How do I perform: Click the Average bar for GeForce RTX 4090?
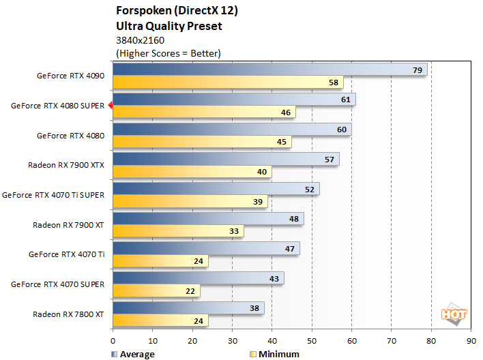[269, 70]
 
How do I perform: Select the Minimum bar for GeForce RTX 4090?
[228, 82]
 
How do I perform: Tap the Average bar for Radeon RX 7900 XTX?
[226, 159]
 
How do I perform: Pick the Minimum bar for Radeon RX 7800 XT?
[160, 320]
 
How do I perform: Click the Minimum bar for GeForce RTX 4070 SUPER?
[156, 291]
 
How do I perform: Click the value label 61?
[346, 100]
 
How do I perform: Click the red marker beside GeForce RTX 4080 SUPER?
[110, 106]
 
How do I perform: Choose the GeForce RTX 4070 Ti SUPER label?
[53, 195]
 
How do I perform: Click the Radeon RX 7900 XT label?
[68, 224]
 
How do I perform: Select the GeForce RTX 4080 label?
[70, 136]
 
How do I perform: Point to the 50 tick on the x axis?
[312, 340]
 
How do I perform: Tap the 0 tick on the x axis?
[113, 340]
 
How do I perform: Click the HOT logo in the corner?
[453, 314]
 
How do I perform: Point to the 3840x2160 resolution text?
[141, 40]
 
